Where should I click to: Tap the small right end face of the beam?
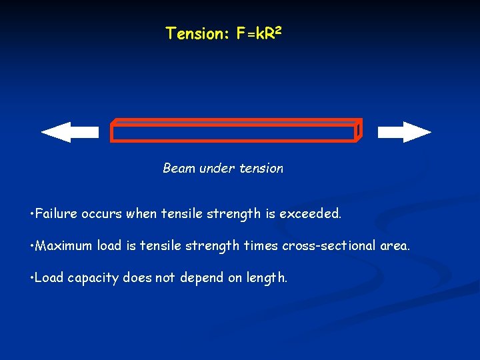359,131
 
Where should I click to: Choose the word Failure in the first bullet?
57,214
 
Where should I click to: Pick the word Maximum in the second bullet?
64,246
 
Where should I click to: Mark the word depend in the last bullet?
200,278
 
